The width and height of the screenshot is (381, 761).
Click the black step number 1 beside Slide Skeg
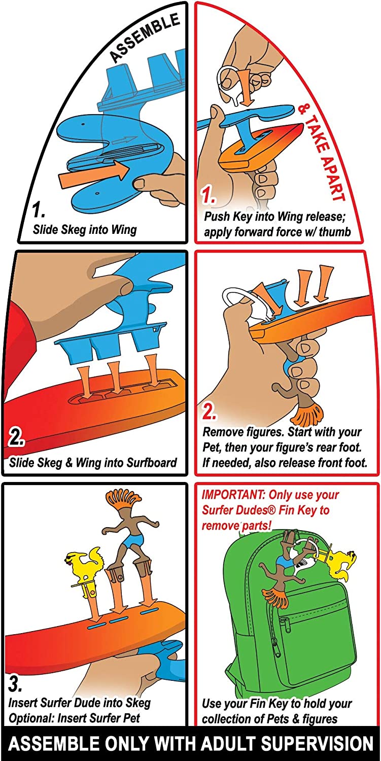[39, 210]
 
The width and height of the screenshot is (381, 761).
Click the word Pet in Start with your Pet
[214, 448]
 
